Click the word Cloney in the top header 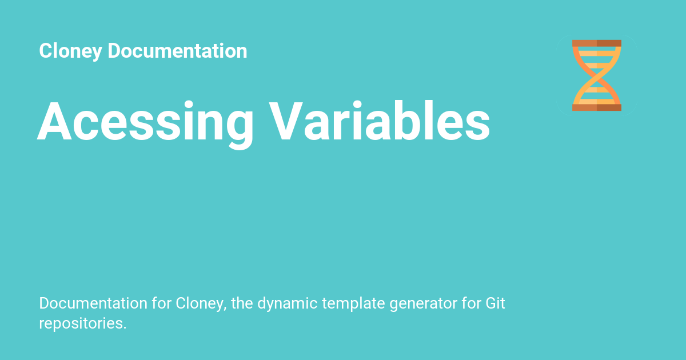tap(70, 51)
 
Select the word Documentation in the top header tap(177, 50)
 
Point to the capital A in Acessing tap(54, 121)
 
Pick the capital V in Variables tap(286, 121)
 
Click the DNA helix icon tap(597, 75)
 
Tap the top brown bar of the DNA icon tap(597, 43)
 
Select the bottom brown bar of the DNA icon tap(597, 107)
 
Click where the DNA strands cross tap(597, 75)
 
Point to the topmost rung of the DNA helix tap(597, 54)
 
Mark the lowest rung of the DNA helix tap(597, 102)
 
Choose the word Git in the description tap(495, 303)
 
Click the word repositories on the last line tap(83, 324)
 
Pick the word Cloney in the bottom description tap(201, 304)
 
